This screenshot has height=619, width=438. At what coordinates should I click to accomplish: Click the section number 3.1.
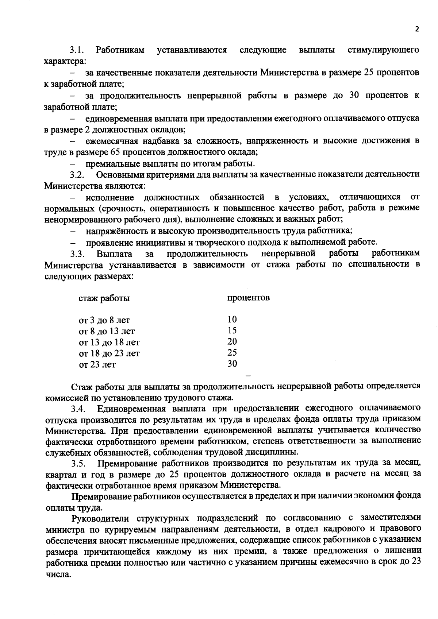[77, 50]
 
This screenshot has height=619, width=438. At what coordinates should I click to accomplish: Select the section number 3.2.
[78, 175]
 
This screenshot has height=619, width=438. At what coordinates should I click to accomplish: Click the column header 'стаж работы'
[104, 298]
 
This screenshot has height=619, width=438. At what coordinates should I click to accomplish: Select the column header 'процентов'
[249, 298]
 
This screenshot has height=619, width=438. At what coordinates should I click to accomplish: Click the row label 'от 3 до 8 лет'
[104, 321]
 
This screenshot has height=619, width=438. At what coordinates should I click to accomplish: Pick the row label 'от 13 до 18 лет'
[109, 343]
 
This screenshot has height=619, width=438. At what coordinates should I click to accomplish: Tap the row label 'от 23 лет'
[97, 364]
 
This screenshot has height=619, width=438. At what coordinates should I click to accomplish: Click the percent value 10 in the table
[232, 320]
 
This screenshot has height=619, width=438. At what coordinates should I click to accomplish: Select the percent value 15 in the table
[232, 330]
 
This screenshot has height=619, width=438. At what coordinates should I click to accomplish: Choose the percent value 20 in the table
[232, 342]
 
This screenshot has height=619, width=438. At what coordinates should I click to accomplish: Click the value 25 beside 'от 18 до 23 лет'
[232, 353]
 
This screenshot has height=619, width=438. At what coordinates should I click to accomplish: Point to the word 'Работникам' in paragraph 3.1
[120, 50]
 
